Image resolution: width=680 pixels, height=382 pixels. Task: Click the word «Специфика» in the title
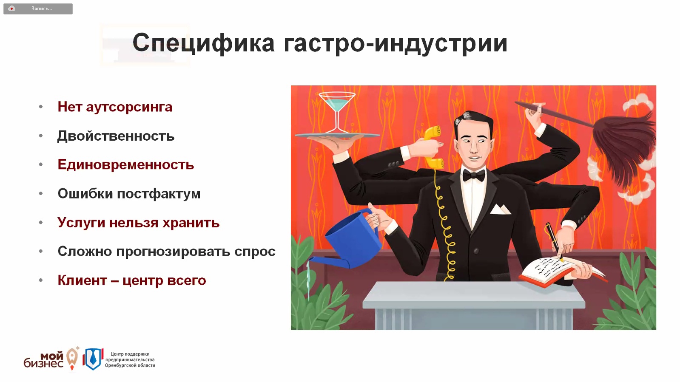pyautogui.click(x=203, y=43)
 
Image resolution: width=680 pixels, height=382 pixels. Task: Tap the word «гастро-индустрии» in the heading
pyautogui.click(x=395, y=43)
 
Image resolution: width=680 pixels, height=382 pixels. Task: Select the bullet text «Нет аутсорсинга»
pyautogui.click(x=115, y=107)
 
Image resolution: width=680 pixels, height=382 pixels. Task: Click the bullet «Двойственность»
pyautogui.click(x=116, y=136)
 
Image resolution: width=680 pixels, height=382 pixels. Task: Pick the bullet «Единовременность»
pyautogui.click(x=126, y=165)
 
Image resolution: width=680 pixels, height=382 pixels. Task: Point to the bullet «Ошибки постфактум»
pyautogui.click(x=129, y=194)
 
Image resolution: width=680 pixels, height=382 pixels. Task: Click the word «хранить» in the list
pyautogui.click(x=191, y=223)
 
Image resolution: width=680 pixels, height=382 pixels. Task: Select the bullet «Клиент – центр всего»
pyautogui.click(x=132, y=280)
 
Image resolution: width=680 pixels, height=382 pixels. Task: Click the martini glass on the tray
pyautogui.click(x=337, y=112)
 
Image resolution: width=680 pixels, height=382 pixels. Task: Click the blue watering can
pyautogui.click(x=349, y=240)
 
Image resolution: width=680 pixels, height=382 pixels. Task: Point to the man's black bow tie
pyautogui.click(x=474, y=175)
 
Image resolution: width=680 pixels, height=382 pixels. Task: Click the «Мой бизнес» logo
pyautogui.click(x=51, y=359)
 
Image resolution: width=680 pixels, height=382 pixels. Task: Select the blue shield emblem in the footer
pyautogui.click(x=93, y=359)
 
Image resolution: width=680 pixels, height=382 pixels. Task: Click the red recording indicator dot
pyautogui.click(x=11, y=8)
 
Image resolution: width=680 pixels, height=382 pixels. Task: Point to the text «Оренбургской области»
pyautogui.click(x=130, y=365)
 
